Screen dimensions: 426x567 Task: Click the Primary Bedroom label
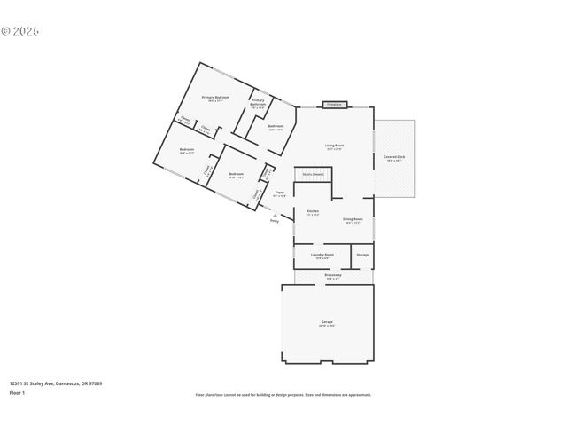(x=215, y=98)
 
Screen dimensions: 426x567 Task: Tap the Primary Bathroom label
(x=257, y=103)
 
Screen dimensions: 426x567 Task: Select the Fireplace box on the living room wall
(x=334, y=104)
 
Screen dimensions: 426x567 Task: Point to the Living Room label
(x=334, y=146)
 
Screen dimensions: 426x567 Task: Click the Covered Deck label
(x=395, y=158)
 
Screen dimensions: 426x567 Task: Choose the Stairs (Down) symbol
(x=313, y=175)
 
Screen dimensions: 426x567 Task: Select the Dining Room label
(x=353, y=220)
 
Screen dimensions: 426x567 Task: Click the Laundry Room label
(x=322, y=256)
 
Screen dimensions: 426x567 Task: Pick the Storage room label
(x=362, y=256)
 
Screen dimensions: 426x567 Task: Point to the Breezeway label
(x=332, y=276)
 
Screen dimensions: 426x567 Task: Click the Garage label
(x=327, y=323)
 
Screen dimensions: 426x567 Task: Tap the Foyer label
(x=279, y=193)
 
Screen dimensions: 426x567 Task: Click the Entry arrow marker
(x=276, y=218)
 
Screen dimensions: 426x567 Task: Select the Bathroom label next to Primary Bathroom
(x=276, y=127)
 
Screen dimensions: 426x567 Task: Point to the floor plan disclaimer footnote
(x=283, y=395)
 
